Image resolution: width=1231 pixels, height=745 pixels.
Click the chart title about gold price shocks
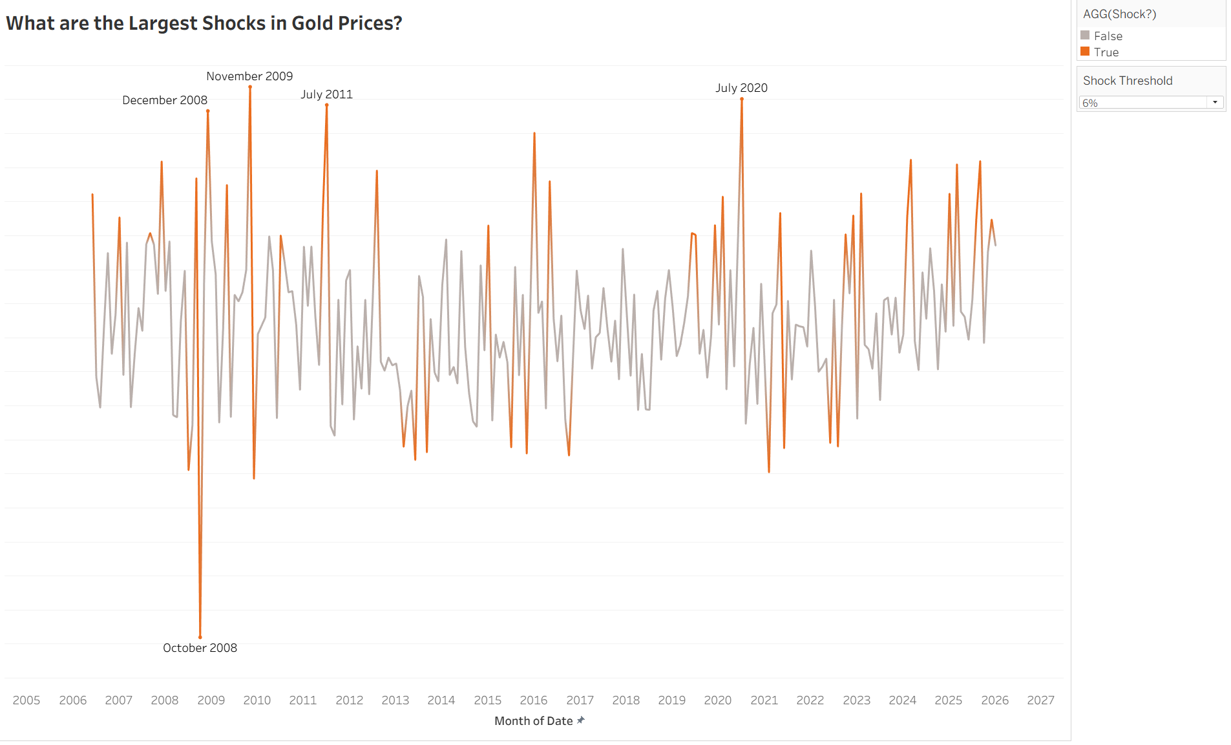point(204,23)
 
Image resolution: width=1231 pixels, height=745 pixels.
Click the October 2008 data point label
point(200,648)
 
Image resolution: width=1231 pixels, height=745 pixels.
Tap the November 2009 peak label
point(249,76)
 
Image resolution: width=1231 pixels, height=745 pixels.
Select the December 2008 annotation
point(165,100)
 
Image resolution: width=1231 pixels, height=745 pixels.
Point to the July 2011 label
point(326,94)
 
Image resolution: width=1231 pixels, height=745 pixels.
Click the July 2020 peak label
point(741,88)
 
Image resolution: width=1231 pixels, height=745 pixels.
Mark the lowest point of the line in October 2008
point(200,637)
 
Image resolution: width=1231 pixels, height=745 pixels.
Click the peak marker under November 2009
point(250,87)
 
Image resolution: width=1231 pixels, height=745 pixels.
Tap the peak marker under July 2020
point(742,99)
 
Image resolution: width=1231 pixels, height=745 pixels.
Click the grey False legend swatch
point(1085,36)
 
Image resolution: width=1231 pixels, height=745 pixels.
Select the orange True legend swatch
point(1085,52)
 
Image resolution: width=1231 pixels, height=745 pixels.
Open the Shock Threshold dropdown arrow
point(1215,102)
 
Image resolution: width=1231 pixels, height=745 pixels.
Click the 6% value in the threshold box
point(1090,103)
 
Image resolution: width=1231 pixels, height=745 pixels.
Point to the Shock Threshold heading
point(1128,81)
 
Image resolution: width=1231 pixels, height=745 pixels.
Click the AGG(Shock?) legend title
point(1119,14)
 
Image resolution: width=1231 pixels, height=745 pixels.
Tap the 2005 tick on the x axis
point(26,700)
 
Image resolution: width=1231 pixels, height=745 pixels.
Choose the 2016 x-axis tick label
point(533,700)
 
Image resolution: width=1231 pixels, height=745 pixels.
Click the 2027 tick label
point(1040,700)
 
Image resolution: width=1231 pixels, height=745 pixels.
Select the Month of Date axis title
point(533,721)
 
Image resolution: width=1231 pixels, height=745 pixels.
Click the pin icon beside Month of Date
point(580,720)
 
